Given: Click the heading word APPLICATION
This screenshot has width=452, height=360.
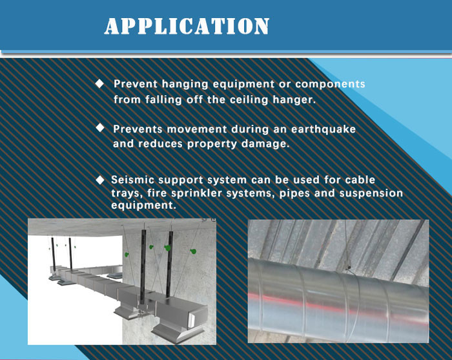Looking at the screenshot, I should pyautogui.click(x=187, y=26).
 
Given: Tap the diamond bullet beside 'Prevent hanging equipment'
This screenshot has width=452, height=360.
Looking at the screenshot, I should pyautogui.click(x=99, y=84).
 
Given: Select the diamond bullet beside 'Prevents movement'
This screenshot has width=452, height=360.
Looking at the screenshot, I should pyautogui.click(x=100, y=128).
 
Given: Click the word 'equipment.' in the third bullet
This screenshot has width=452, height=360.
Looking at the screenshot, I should pyautogui.click(x=143, y=206).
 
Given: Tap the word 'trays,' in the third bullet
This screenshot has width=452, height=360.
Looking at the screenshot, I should pyautogui.click(x=127, y=193).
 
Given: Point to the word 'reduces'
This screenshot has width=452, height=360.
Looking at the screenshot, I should pyautogui.click(x=160, y=144).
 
